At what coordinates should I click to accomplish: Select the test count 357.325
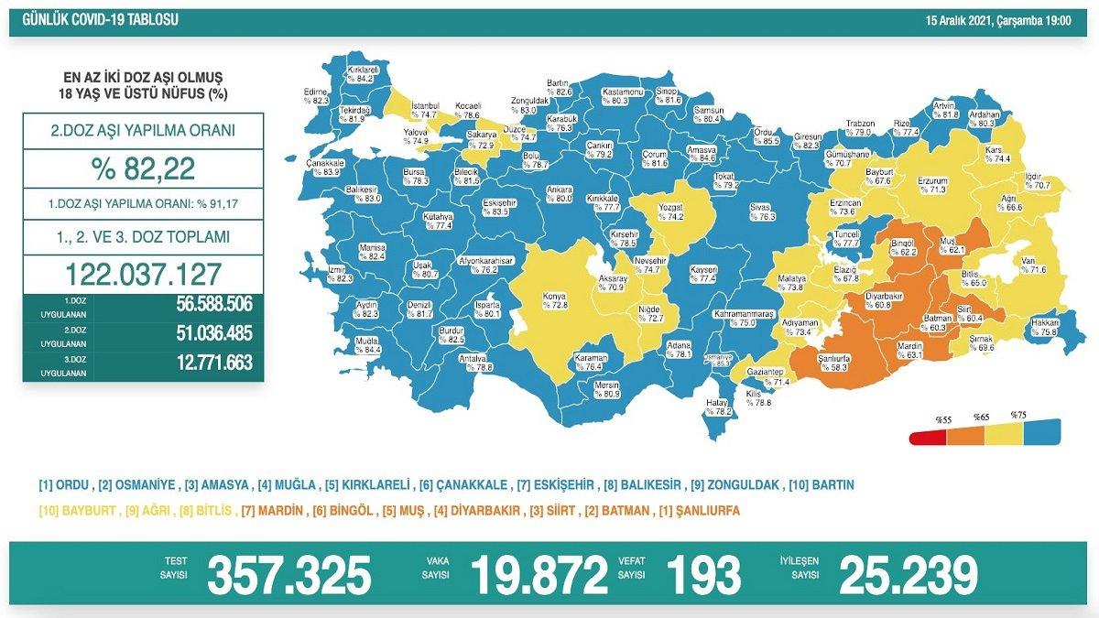coord(289,575)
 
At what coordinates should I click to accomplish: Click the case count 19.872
coord(539,575)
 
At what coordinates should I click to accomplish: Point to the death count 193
coord(704,575)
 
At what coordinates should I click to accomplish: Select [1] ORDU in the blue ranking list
coord(63,484)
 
